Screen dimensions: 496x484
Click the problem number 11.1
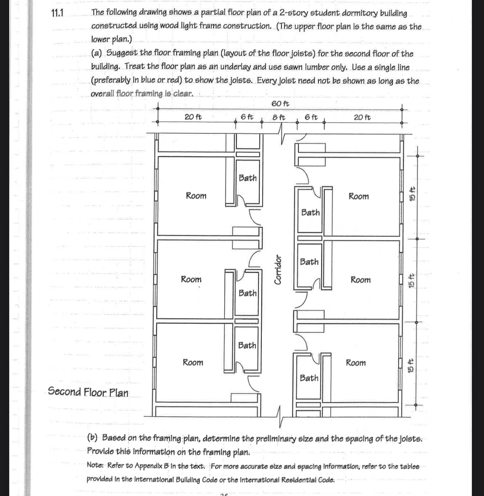coord(57,12)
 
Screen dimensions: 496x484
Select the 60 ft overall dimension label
coord(280,103)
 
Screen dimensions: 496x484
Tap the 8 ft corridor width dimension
coord(279,117)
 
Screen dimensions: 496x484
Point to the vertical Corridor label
coord(278,270)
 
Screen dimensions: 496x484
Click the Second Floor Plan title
coord(88,392)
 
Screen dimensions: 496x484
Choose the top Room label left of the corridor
coord(196,196)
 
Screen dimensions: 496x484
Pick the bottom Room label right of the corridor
coord(355,363)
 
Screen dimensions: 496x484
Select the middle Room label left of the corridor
coord(191,280)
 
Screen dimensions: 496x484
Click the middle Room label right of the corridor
coord(360,280)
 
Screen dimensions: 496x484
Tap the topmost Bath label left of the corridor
coord(248,178)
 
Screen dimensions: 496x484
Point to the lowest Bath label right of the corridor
coord(309,378)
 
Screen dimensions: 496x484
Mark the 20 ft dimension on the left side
coord(193,117)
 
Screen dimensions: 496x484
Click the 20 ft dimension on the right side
coord(362,117)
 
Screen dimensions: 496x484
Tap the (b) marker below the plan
coord(92,438)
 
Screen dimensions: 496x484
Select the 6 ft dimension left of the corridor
coord(247,117)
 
